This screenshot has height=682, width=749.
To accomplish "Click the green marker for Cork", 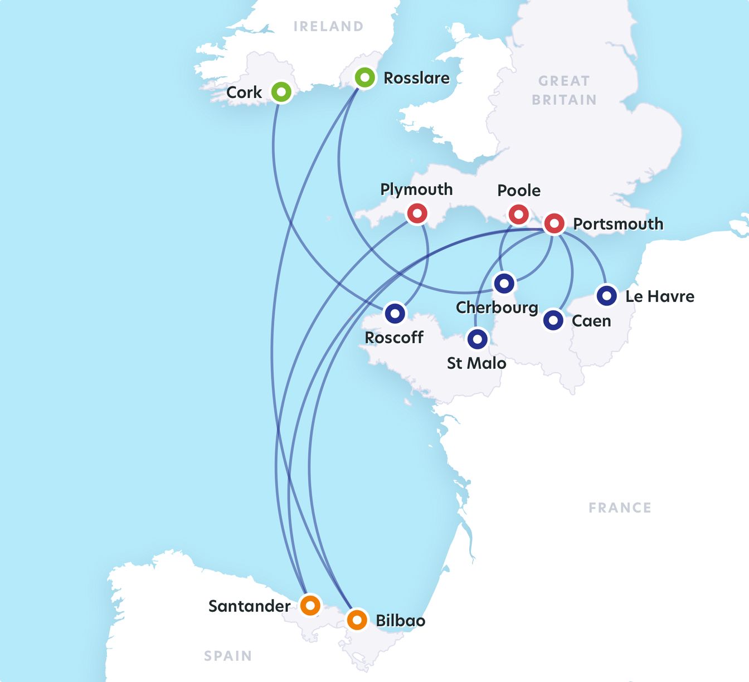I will point(281,91).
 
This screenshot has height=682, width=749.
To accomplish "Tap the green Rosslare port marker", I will point(365,77).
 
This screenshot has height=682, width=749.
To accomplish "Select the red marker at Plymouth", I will point(417,213).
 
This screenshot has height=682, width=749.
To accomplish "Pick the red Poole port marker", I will point(518,214).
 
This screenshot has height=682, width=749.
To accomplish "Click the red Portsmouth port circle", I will point(554,223).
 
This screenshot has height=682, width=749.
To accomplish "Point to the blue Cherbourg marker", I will point(504,283).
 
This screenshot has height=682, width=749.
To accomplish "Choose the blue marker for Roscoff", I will point(395,313).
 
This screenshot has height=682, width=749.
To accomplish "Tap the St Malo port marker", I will point(477,339).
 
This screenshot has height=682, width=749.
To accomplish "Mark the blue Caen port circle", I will point(553,320).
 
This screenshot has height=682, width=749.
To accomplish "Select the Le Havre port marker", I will point(606,295).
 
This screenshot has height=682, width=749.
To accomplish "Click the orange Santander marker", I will point(310,605).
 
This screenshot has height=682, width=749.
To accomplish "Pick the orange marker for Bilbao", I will point(357,619).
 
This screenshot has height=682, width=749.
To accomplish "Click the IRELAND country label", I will point(328,26).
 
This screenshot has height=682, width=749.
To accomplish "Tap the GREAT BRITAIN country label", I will point(564,90).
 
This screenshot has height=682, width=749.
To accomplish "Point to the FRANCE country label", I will point(620,508).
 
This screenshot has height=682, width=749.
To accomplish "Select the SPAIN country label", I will point(227,656).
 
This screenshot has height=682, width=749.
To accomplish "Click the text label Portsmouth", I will point(618,224).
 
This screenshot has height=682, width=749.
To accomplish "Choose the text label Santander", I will point(249,606).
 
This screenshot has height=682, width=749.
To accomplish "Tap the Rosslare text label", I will point(416,78).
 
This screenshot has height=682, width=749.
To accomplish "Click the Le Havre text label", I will point(660,296).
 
